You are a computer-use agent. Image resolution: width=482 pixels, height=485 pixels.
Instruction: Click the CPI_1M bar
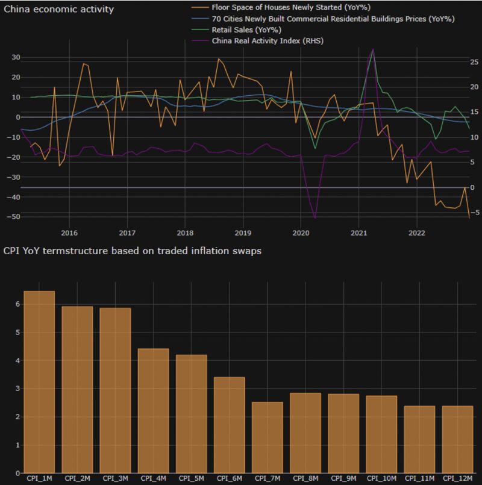tap(39, 382)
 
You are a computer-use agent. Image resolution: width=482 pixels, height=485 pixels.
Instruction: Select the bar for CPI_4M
tap(153, 411)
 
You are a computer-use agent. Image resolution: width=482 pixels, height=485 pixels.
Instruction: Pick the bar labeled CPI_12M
tap(457, 439)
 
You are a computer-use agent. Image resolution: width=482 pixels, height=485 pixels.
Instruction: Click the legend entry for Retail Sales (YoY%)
tap(246, 30)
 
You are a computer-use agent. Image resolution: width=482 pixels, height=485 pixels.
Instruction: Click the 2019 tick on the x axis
tap(242, 233)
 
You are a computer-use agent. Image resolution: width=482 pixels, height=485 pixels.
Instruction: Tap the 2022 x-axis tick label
tap(416, 233)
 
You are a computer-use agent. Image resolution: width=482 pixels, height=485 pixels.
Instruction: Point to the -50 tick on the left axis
tap(13, 216)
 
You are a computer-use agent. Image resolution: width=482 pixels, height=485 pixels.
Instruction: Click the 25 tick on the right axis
tap(457, 62)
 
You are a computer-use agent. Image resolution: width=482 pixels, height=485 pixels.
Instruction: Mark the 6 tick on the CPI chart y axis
tap(11, 304)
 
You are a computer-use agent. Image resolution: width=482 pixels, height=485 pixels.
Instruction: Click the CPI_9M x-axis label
tap(343, 478)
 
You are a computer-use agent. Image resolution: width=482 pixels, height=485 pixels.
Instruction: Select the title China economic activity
tap(59, 10)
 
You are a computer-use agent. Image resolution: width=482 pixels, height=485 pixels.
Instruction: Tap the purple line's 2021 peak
tap(373, 49)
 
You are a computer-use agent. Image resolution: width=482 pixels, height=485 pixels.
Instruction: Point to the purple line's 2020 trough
tap(315, 218)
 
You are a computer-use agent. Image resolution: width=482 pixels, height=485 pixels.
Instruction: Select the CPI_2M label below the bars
tap(77, 478)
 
